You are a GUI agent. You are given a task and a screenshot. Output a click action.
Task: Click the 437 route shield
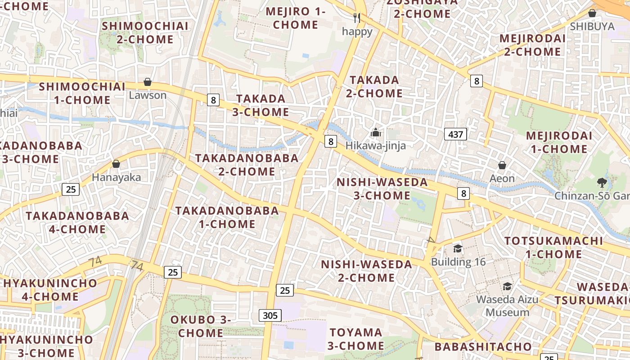coord(455,134)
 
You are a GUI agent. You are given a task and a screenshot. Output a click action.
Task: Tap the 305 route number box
coord(270,315)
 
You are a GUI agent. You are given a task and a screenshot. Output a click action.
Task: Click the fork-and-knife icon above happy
coord(357,18)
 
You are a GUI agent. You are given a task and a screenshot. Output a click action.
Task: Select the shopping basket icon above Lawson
coord(147,82)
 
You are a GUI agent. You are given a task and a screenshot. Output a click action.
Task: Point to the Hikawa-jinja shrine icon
coord(375,132)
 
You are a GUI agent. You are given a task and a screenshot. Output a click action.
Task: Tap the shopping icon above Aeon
coord(502,165)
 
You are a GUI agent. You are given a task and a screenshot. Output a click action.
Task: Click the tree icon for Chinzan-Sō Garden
coord(602,182)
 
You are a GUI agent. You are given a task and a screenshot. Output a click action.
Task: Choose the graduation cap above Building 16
coord(458,248)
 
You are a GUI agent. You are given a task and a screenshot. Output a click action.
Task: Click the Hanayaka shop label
coord(116,177)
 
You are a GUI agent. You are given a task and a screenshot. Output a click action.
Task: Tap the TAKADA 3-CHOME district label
coord(261,105)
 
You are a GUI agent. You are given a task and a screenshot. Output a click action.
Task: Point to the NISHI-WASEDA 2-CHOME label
coord(366,271)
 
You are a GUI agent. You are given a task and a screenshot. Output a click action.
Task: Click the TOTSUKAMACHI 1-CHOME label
coord(553,247)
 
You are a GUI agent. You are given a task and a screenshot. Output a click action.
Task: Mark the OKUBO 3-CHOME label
coord(201,326)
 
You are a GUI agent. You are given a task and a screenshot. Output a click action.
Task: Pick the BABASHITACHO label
coord(483,346)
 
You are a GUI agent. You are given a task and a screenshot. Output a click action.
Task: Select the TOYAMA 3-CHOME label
coord(355,339)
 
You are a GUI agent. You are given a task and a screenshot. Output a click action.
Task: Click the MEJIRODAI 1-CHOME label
coord(559,142)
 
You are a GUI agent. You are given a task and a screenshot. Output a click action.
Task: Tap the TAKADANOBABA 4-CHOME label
coord(77,222)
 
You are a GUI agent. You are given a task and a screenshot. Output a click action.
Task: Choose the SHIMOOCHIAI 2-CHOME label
coord(145,32)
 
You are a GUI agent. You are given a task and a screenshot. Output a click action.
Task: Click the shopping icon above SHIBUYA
coord(592,13)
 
